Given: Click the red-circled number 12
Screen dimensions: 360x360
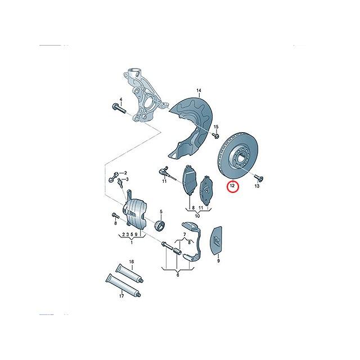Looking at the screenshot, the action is [232, 186].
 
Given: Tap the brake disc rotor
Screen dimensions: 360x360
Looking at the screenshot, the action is [237, 156].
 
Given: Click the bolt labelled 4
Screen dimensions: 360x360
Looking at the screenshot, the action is [119, 109].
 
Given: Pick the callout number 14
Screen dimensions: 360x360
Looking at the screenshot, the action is [199, 90].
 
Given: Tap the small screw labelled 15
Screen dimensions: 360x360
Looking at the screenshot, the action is [215, 136].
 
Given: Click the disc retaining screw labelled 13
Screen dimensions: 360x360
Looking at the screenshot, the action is [259, 178].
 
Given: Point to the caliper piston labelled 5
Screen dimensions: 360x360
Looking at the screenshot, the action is [160, 225].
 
